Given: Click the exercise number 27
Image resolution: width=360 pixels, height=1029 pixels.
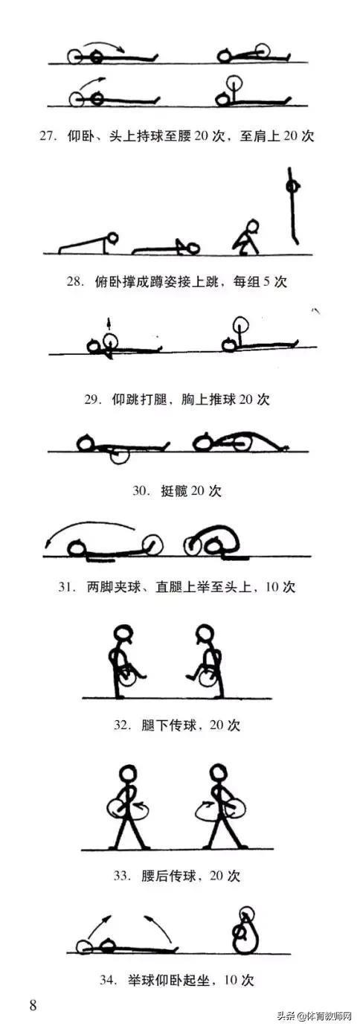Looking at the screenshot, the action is click(48, 136).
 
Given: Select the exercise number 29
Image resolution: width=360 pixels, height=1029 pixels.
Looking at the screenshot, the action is click(91, 400).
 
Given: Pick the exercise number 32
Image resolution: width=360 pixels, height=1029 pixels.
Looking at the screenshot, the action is click(122, 725).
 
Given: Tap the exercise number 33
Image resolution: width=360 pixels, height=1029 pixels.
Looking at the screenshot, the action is click(122, 876).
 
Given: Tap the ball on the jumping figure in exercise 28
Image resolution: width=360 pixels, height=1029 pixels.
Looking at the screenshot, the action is click(292, 187).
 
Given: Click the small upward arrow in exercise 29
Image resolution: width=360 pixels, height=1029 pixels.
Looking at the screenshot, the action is click(109, 324).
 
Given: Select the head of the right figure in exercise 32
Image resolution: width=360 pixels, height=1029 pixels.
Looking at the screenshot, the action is click(205, 635).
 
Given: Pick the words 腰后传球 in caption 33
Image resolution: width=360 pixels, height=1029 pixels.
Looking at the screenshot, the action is click(169, 876).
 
